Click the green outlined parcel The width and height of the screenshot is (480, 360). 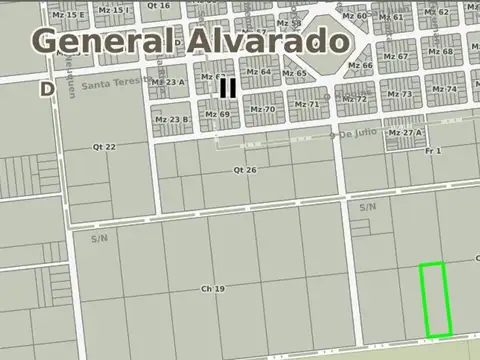(x=434, y=300)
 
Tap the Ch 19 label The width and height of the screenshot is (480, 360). (x=212, y=289)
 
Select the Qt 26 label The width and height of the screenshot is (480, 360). (x=245, y=170)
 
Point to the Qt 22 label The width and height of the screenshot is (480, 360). (x=104, y=147)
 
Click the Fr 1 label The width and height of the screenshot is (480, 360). (x=433, y=150)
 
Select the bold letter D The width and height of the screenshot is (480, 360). (x=47, y=88)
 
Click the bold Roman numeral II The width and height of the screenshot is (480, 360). (x=228, y=88)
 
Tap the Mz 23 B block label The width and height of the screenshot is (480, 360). (x=171, y=119)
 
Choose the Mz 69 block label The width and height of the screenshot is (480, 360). (x=218, y=115)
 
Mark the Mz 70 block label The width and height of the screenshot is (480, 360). (x=262, y=109)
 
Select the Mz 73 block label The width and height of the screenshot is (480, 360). (x=400, y=94)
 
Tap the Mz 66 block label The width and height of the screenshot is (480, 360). (x=360, y=66)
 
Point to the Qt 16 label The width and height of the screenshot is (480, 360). (x=158, y=5)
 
